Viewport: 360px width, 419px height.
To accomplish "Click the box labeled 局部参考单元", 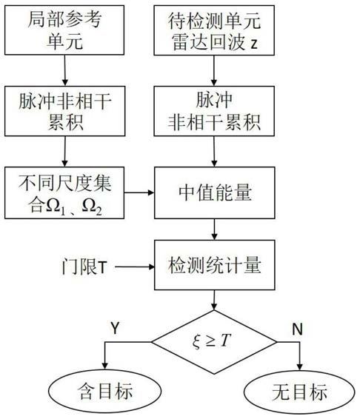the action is coord(64,30).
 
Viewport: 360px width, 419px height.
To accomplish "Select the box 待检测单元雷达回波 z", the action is coord(214,30).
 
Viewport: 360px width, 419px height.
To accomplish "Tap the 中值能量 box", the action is coord(215,192).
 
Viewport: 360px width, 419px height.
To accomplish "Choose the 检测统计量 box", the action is coord(215,265).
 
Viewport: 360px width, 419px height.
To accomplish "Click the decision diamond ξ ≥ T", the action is coord(214,342).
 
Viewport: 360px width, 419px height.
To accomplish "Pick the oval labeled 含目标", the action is coord(105,391).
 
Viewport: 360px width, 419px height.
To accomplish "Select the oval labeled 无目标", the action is coord(299,392).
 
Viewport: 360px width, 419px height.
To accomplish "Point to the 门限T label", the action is coord(84,267).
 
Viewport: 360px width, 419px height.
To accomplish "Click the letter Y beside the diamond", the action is coord(115,328).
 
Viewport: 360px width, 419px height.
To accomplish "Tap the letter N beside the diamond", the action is coord(298,329).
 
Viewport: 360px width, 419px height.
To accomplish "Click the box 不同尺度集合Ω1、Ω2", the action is coord(64,192).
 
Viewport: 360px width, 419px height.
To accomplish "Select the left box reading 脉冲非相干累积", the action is coord(64,111).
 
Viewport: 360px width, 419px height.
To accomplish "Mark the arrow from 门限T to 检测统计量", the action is coord(135,267).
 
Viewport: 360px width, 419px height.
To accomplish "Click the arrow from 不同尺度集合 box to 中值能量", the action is coord(139,192).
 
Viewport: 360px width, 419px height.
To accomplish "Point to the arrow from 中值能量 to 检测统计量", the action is coord(214,229).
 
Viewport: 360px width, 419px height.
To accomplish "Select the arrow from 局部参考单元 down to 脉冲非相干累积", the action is coord(64,70).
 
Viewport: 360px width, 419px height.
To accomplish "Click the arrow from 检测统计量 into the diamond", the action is coord(214,300).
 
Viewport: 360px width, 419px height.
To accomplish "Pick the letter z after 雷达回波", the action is coord(254,44).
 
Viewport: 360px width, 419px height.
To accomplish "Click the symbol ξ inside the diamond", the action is coord(196,342).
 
